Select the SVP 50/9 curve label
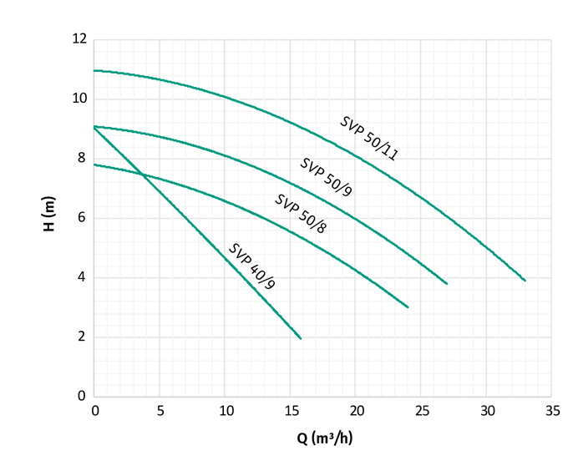[x=327, y=177]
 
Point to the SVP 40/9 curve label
[x=252, y=266]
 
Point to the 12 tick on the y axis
[x=79, y=39]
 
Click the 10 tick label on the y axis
[x=79, y=99]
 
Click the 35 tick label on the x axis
[x=552, y=411]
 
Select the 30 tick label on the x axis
[x=487, y=411]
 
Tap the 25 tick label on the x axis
[x=422, y=411]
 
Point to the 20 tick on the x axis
[x=356, y=411]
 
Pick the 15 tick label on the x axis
[x=291, y=411]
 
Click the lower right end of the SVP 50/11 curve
[x=525, y=281]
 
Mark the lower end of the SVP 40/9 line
[x=301, y=338]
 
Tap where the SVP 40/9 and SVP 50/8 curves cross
[x=143, y=174]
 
